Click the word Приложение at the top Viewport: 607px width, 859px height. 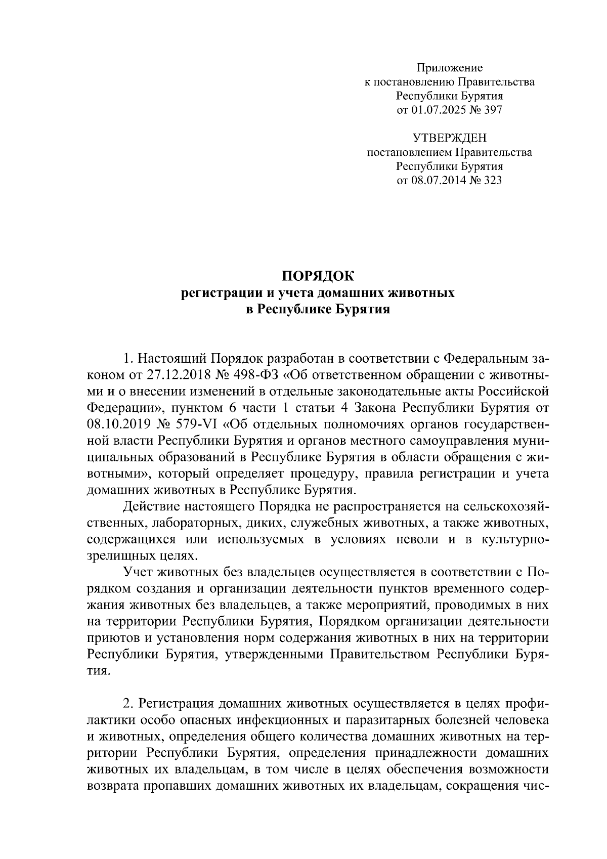click(450, 68)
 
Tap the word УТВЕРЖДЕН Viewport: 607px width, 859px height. click(449, 138)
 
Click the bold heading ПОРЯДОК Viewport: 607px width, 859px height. click(318, 276)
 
